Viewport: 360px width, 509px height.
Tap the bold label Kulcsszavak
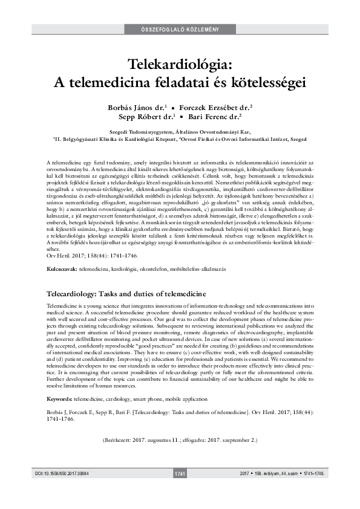tap(62, 267)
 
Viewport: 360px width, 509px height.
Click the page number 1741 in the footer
tap(180, 490)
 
